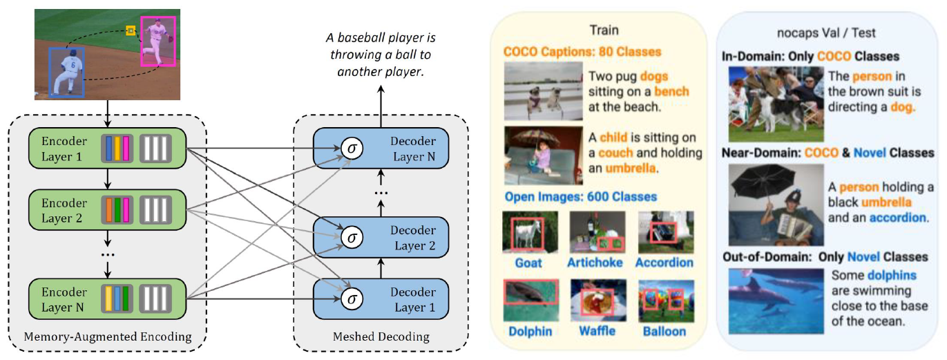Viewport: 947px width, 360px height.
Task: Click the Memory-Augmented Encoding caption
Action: pos(107,337)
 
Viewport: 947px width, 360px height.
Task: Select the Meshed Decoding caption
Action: pos(381,337)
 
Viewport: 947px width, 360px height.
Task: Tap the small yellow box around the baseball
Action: pos(130,30)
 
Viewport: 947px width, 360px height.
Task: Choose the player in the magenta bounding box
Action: pos(158,41)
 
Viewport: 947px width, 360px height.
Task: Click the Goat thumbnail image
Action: pos(528,233)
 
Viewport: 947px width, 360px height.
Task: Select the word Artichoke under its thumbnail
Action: pos(595,263)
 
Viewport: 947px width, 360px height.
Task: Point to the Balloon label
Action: pos(664,331)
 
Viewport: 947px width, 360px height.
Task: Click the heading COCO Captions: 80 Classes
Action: pos(582,52)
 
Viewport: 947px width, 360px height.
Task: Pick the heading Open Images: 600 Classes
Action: pos(580,197)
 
